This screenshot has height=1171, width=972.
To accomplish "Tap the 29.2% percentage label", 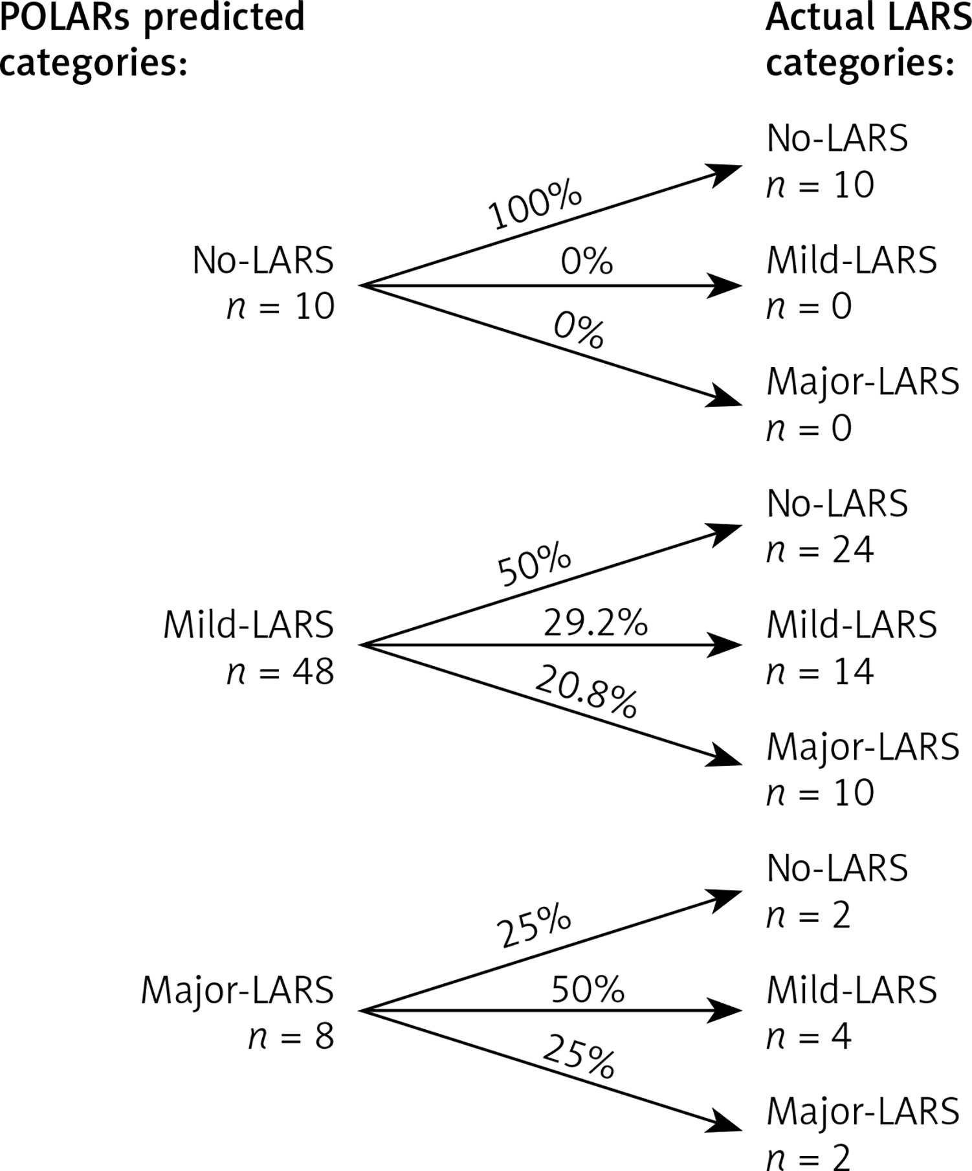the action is click(x=595, y=623).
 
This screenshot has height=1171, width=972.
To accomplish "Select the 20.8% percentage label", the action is click(x=586, y=691).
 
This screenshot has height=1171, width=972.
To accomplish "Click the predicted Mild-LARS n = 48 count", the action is click(x=281, y=671).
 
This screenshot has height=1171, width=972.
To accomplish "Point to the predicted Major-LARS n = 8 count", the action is click(x=291, y=1036).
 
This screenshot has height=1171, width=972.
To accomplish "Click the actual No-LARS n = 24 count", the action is click(x=820, y=550).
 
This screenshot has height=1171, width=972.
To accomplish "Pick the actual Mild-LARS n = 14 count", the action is click(x=820, y=671).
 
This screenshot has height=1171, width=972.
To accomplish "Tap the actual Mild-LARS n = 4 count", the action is click(x=809, y=1036).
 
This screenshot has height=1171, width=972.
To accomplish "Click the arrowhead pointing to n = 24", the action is click(x=725, y=533).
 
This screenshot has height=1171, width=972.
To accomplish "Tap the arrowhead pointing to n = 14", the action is click(x=725, y=645).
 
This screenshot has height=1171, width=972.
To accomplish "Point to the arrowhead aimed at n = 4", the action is click(x=725, y=1010).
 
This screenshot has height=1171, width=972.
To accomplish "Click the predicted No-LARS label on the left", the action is click(x=263, y=260).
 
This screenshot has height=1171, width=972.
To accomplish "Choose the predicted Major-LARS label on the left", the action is click(x=237, y=990).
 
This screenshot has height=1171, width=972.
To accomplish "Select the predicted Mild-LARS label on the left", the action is click(x=249, y=625).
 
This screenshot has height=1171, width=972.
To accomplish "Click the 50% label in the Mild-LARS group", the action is click(x=535, y=564).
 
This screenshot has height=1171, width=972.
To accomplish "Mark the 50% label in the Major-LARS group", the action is click(x=588, y=989).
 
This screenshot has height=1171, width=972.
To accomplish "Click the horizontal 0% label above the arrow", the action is click(x=586, y=261).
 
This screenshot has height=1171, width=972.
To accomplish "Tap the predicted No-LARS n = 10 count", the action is click(x=281, y=306).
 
